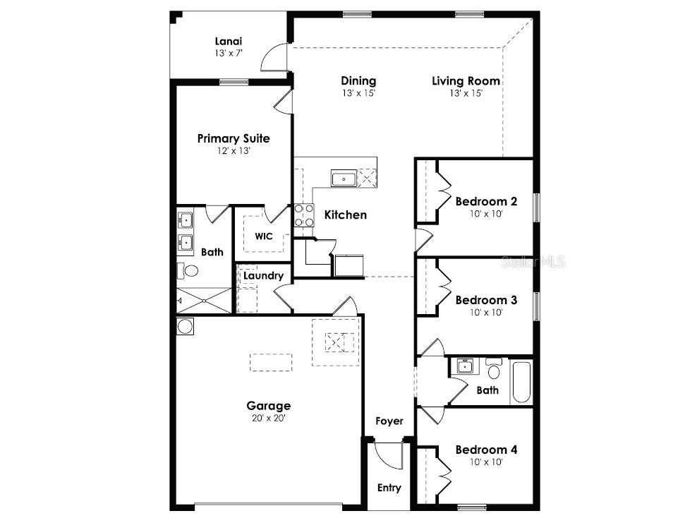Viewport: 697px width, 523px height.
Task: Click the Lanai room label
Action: pyautogui.click(x=229, y=41)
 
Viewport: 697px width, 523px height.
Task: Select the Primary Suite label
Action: pyautogui.click(x=233, y=138)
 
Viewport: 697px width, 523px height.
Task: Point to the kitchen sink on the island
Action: pyautogui.click(x=344, y=179)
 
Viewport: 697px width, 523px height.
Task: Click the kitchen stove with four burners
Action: pyautogui.click(x=303, y=215)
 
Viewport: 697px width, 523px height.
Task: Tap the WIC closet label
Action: pyautogui.click(x=264, y=236)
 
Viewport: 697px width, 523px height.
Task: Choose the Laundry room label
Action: pyautogui.click(x=264, y=276)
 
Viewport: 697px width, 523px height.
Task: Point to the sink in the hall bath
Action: pyautogui.click(x=464, y=366)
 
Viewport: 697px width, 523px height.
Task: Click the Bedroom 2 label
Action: pyautogui.click(x=485, y=201)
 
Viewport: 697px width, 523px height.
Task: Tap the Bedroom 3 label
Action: pyautogui.click(x=485, y=300)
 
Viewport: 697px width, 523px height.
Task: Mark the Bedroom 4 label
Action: pyautogui.click(x=485, y=450)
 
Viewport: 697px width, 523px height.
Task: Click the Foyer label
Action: pyautogui.click(x=389, y=421)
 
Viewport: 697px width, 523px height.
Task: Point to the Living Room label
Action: pyautogui.click(x=466, y=80)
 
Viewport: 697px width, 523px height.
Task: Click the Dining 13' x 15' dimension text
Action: pyautogui.click(x=358, y=93)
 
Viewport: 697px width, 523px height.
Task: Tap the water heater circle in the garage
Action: pyautogui.click(x=185, y=326)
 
